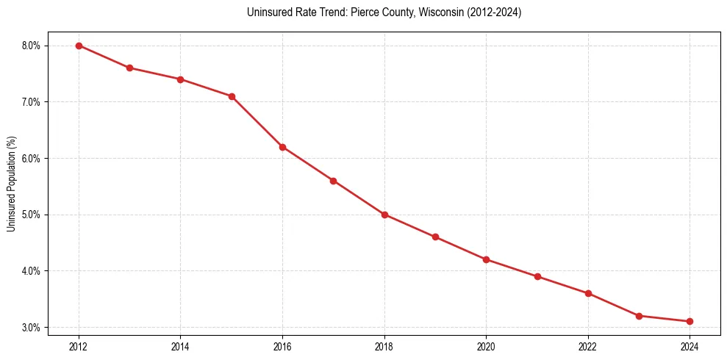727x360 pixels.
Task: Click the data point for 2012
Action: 79,46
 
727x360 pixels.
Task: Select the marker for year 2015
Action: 232,96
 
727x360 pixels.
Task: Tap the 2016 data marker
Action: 282,147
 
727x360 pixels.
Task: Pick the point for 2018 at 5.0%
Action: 384,215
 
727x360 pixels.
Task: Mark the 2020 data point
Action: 486,259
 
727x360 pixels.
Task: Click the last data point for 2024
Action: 690,321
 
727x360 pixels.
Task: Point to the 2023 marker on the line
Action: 639,316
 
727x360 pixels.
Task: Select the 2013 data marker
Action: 129,68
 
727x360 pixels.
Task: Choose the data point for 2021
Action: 537,276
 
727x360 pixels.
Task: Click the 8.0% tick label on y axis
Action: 32,46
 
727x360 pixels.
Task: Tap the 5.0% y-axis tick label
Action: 32,215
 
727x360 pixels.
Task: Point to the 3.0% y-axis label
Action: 32,327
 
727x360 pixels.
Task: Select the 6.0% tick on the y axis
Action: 32,158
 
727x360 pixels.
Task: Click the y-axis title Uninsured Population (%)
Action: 11,184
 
